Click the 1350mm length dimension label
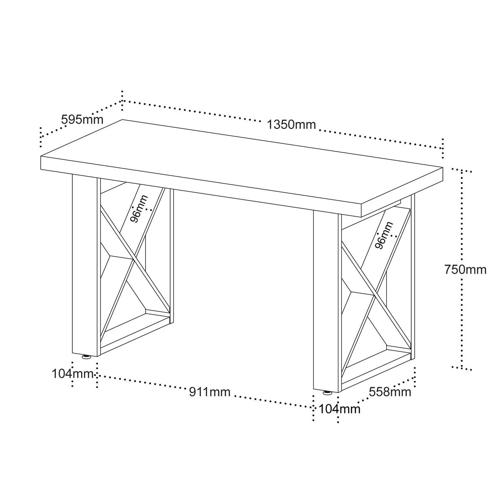(291, 125)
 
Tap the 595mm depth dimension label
(82, 119)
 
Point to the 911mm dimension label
(210, 392)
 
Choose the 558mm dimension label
(390, 392)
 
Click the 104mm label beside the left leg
(72, 374)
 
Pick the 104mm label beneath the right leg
(339, 409)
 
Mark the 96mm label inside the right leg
(384, 235)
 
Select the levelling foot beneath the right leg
(327, 393)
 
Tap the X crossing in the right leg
(374, 295)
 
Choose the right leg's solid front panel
(326, 301)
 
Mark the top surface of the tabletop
(242, 164)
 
